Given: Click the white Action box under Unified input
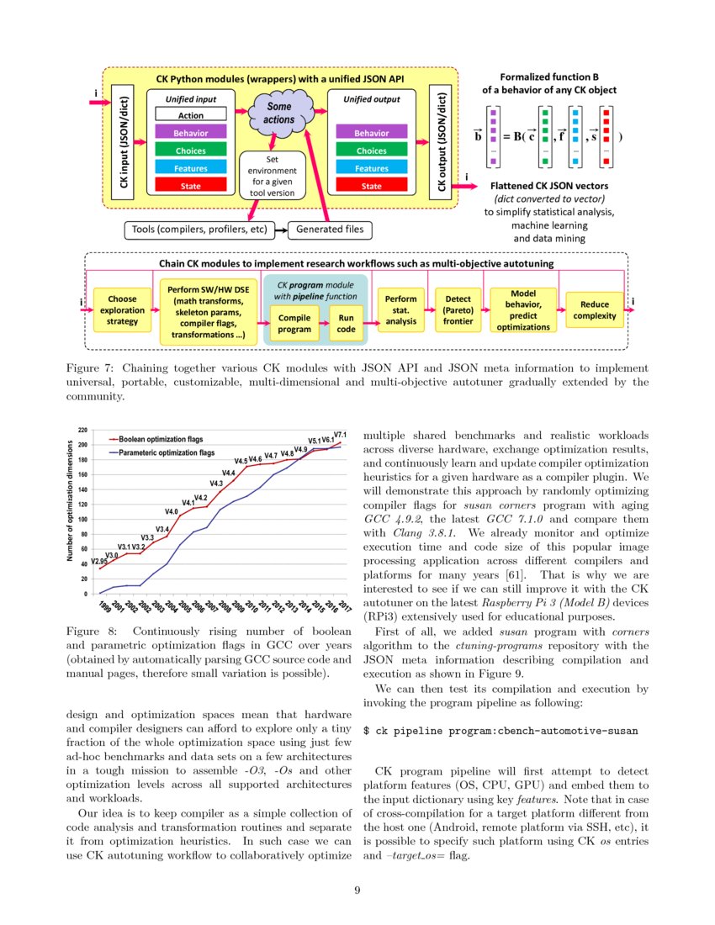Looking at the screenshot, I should tap(190, 115).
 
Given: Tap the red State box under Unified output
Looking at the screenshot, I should tap(371, 186).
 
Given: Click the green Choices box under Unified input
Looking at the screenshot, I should tap(190, 151).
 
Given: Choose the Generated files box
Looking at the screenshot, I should tap(331, 229).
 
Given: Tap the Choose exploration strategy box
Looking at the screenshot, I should tap(122, 309).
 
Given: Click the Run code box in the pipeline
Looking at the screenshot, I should tap(346, 324).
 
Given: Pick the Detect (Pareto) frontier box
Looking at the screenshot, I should tap(458, 309).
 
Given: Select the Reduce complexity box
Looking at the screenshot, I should tap(594, 309).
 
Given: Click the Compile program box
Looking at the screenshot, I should tap(294, 324).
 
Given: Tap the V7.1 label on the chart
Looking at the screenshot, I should tap(341, 435).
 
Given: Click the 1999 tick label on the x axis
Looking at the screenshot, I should tap(103, 605).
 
